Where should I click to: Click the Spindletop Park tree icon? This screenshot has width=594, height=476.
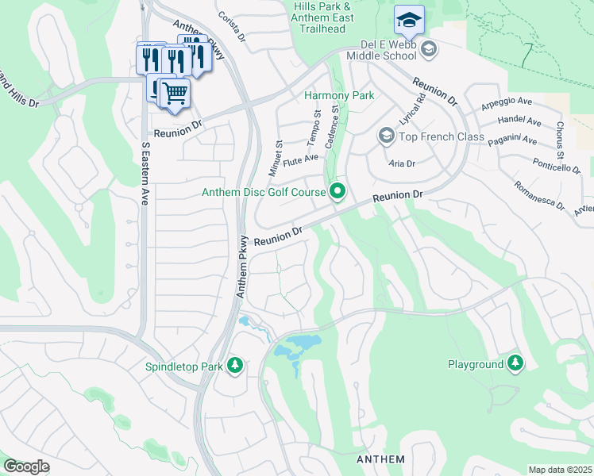click(x=234, y=365)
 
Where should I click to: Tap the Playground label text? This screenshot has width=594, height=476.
click(x=476, y=364)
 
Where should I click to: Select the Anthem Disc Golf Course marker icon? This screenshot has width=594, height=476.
click(x=337, y=191)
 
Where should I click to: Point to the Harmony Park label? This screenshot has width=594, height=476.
click(x=339, y=95)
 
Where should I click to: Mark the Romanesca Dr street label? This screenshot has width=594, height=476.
click(x=538, y=195)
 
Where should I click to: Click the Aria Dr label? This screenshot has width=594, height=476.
click(x=403, y=162)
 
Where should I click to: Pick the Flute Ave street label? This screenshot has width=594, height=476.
click(x=300, y=158)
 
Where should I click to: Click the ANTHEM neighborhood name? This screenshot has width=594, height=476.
click(x=381, y=459)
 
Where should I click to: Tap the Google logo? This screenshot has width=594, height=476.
click(x=26, y=466)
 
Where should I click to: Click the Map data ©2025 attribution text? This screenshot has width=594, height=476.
click(x=560, y=470)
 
